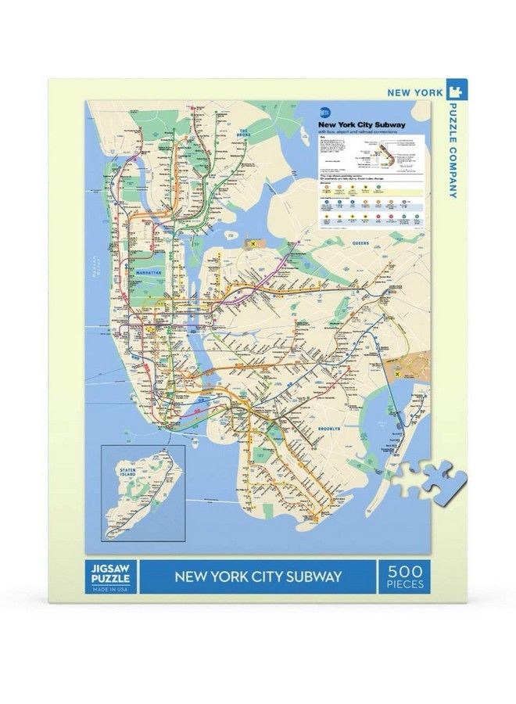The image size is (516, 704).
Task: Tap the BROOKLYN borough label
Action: coord(329,429)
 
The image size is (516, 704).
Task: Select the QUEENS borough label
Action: coord(360,243)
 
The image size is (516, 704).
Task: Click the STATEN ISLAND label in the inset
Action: coord(127,473)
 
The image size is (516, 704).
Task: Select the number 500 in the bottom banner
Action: coord(404,571)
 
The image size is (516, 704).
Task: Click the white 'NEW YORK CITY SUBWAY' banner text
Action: coord(258,577)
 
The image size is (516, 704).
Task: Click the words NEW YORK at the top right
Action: coord(414,92)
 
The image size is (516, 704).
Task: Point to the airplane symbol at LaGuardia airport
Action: coord(253,246)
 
